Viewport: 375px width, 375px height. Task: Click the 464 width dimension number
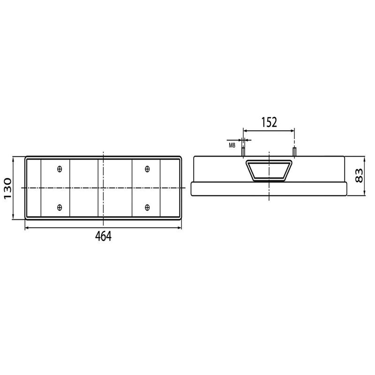point(103,237)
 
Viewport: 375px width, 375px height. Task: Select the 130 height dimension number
point(7,188)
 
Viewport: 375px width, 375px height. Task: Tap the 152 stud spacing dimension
point(269,122)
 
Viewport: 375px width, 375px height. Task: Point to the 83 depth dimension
point(359,176)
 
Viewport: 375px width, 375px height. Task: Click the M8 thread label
point(232,145)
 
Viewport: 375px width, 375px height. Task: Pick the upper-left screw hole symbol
point(60,169)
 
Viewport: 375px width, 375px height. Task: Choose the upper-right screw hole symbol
point(147,169)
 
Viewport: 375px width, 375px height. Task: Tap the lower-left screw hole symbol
point(60,207)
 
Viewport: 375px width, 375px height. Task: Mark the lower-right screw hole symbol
point(147,207)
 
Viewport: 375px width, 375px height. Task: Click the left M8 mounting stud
point(243,151)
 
